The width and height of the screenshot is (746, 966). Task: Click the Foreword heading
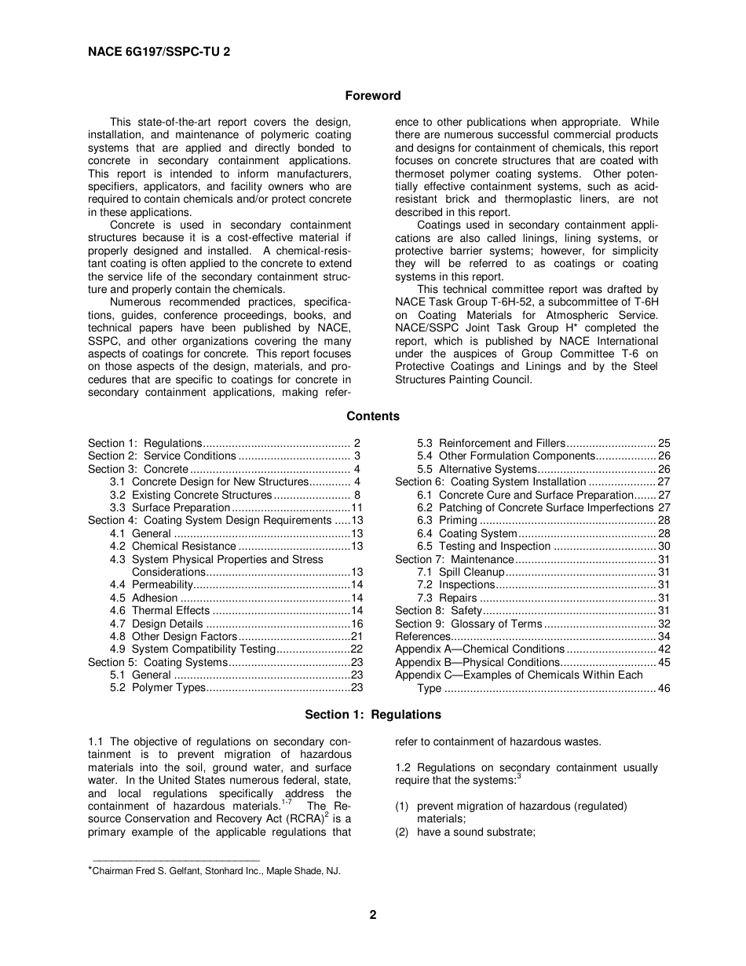coord(373,96)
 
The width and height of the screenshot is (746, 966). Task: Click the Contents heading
coord(373,416)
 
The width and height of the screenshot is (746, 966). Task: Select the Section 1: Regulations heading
coord(373,715)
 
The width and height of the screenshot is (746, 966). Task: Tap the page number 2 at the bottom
coord(373,915)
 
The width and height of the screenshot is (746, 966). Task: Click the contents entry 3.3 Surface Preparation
coord(181,507)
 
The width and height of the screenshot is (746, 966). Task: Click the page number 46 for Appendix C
coord(664,688)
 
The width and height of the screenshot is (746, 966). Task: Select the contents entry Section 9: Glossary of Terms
coord(469,624)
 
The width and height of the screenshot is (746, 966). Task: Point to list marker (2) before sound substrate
coord(403,832)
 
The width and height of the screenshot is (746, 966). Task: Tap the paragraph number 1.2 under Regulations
coord(404,767)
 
